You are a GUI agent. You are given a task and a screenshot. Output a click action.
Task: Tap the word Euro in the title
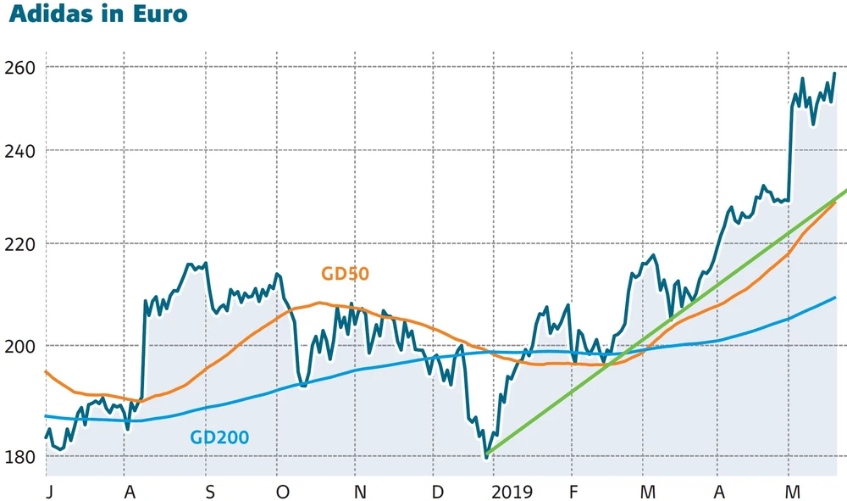pos(160,15)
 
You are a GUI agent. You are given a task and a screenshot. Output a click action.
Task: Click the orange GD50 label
pos(346,274)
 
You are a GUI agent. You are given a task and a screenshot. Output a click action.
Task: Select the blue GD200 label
pos(219,438)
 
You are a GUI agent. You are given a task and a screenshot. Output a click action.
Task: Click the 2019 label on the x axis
pos(512,492)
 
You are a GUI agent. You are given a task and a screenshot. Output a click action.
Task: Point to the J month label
pos(48,492)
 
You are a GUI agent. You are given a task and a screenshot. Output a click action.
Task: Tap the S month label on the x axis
pos(209,492)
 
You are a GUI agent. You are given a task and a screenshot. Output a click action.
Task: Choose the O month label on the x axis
pos(283,492)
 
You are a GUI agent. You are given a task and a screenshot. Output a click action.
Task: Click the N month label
pos(360,492)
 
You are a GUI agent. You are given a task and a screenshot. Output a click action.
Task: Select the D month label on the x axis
pos(437,492)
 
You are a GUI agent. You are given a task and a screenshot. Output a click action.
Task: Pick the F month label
pos(573,492)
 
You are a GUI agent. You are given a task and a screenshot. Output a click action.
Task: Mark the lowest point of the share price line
pos(486,458)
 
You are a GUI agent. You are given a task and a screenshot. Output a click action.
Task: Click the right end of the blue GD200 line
pos(836,298)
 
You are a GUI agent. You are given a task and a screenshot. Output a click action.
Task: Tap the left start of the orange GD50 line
pos(45,371)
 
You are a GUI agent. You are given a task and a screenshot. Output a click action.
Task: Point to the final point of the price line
pos(835,73)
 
